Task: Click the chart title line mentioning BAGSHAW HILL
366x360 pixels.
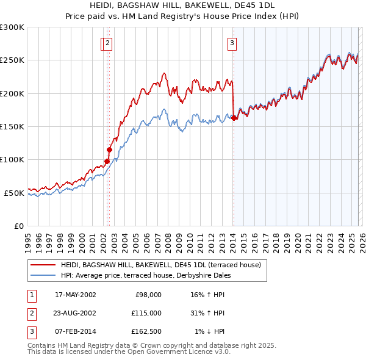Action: pyautogui.click(x=183, y=5)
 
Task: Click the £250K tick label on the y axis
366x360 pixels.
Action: pyautogui.click(x=12, y=60)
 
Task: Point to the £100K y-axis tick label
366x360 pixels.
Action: pyautogui.click(x=12, y=159)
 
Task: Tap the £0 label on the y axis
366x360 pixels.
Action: pyautogui.click(x=18, y=226)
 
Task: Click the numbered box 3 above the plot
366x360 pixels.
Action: pyautogui.click(x=232, y=43)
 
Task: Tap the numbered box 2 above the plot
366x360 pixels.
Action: pyautogui.click(x=107, y=43)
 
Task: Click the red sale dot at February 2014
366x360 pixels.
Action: pyautogui.click(x=234, y=118)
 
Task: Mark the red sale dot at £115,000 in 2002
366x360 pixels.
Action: pyautogui.click(x=110, y=149)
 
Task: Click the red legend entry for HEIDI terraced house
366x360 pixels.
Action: pyautogui.click(x=160, y=265)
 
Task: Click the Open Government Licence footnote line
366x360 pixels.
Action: pyautogui.click(x=129, y=351)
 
